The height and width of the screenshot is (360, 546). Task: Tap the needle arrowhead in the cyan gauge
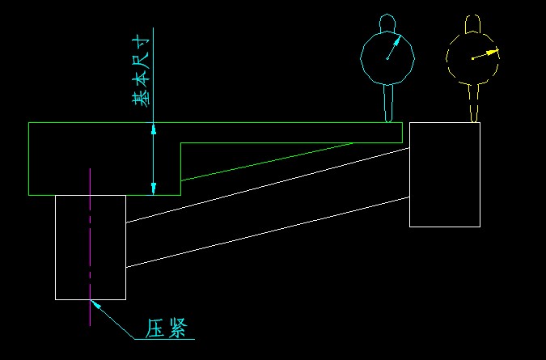click(398, 39)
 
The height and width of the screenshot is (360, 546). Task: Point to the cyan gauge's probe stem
click(388, 104)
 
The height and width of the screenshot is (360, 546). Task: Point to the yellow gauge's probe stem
click(473, 104)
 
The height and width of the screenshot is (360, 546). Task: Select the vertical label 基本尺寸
click(142, 71)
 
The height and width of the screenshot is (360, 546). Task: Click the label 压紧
click(166, 328)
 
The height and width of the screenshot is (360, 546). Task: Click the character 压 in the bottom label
click(154, 328)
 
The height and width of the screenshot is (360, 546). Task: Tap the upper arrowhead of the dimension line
click(153, 129)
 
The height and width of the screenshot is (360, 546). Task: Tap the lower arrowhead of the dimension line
click(153, 188)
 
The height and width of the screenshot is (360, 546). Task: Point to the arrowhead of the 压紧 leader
click(95, 304)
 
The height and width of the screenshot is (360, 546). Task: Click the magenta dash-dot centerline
click(90, 248)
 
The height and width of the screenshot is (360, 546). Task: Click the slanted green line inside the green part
click(266, 162)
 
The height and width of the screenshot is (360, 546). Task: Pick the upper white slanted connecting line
click(268, 185)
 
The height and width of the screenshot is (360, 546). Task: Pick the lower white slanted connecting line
click(268, 232)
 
